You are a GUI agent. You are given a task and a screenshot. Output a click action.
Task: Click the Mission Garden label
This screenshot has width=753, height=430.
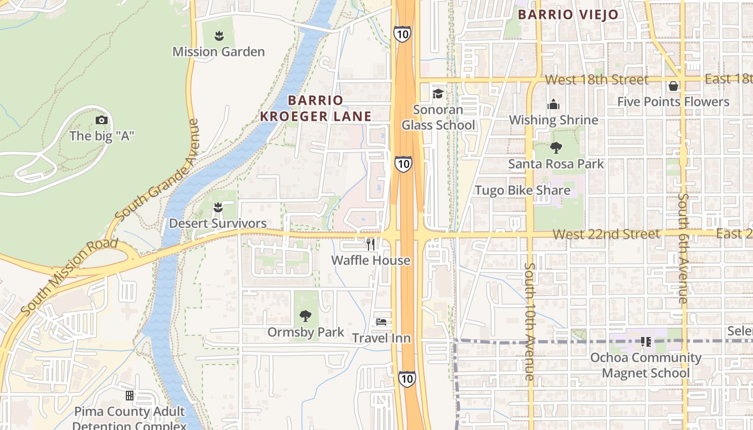pos(218,52)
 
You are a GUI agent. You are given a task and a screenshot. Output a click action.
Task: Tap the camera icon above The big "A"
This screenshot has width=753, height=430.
pos(101,120)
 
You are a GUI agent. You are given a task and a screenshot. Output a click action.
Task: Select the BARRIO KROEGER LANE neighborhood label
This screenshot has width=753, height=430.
pos(316,108)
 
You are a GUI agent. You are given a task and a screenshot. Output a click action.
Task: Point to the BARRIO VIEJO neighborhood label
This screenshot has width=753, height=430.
pos(568,15)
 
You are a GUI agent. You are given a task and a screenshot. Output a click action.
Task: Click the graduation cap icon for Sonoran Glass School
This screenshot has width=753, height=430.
pos(438,94)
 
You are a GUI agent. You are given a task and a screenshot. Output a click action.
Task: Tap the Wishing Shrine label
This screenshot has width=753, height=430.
pos(553,120)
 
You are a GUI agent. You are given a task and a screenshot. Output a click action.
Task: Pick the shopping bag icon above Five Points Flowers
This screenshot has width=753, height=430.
pos(673,86)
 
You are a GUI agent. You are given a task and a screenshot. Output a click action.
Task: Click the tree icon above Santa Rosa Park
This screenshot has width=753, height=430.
pos(556,148)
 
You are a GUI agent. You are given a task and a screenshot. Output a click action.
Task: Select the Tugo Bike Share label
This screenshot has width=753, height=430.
pos(522,190)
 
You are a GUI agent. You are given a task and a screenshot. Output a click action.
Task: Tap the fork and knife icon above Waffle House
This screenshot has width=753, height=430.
pos(371,245)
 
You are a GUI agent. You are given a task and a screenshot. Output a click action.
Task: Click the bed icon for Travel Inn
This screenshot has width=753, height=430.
pos(381,322)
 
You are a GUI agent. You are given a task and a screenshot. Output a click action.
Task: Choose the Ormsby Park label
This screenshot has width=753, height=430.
pos(306,332)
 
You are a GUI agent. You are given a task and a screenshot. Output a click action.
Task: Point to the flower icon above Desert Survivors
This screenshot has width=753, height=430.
pos(218,207)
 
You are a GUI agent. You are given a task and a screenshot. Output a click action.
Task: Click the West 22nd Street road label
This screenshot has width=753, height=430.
pos(606,234)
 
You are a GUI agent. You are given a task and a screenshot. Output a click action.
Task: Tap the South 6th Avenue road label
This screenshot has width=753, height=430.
pos(683,248)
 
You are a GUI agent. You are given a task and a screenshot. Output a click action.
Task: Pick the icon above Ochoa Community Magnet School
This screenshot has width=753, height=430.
pos(646,341)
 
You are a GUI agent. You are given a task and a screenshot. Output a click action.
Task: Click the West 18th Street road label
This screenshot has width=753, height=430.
pos(596,80)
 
